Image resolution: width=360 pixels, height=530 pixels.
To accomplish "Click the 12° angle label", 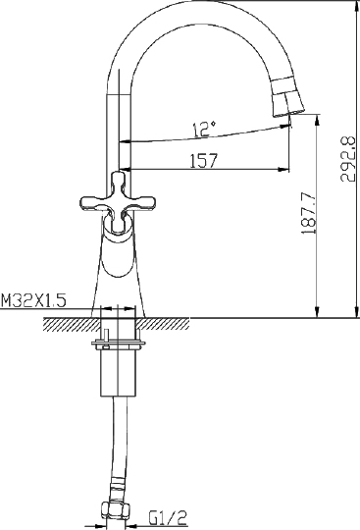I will [x=202, y=129].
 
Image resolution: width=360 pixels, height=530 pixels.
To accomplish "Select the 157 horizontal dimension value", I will [x=203, y=160].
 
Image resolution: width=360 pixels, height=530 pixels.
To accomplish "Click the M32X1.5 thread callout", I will [x=33, y=301].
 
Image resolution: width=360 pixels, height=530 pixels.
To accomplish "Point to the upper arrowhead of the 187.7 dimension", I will [x=316, y=120].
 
